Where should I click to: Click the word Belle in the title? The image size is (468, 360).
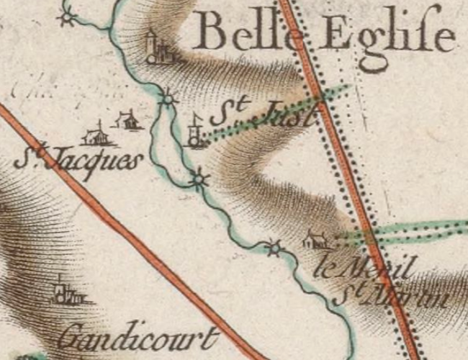245,32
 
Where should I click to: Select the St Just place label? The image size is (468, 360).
263,114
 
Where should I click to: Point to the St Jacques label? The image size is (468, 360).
76,158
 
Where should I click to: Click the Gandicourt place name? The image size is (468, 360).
137,337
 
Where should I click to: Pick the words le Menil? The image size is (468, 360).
364,269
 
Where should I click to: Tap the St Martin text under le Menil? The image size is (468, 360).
392,296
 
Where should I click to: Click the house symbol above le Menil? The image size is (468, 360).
315,239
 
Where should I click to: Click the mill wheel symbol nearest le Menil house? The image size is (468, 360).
274,249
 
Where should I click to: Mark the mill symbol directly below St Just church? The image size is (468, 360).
199,178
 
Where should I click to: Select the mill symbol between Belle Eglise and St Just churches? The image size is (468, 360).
167,98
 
